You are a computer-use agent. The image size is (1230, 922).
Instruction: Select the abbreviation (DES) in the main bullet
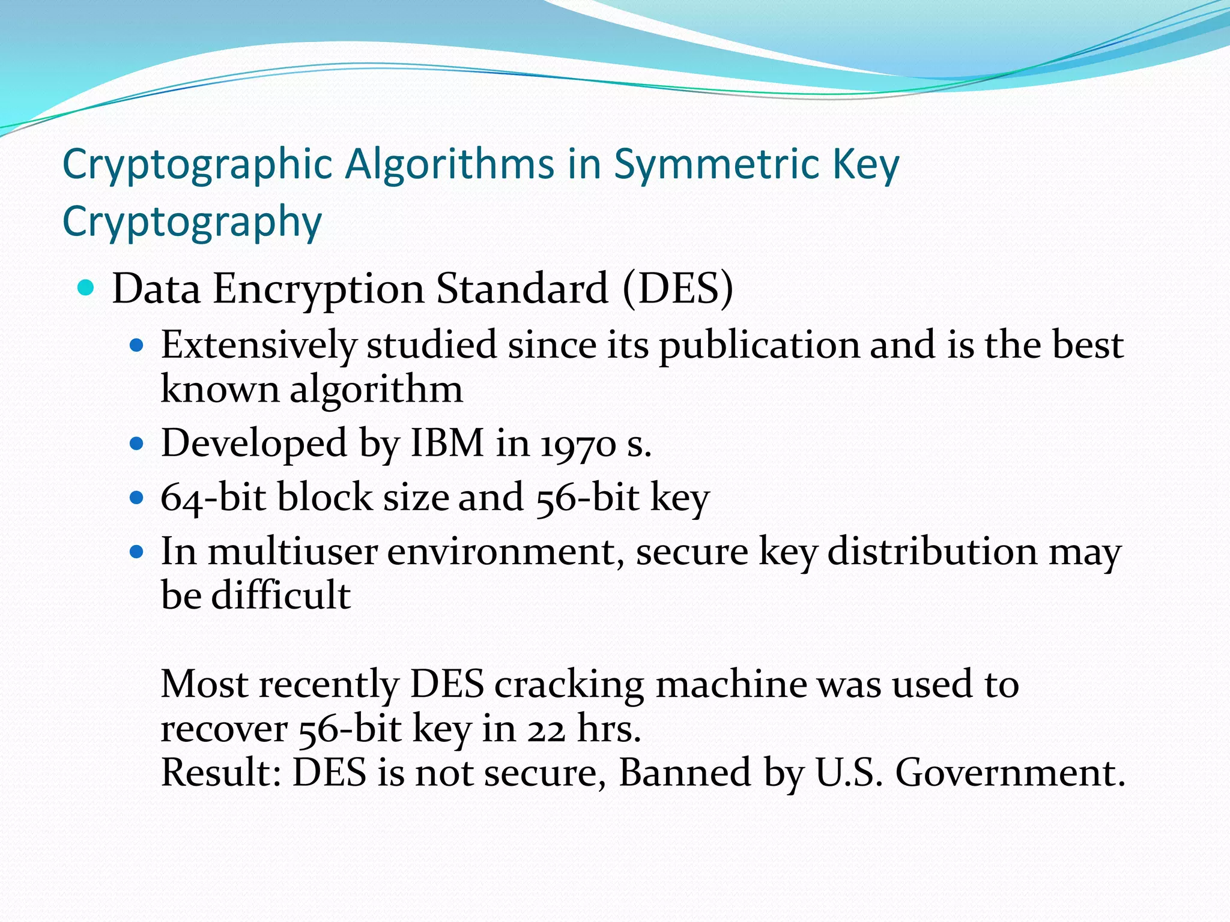click(677, 289)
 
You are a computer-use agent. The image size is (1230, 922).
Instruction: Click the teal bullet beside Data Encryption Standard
click(86, 288)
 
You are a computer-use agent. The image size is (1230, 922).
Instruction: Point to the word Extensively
click(259, 345)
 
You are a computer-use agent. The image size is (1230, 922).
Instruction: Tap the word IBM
click(447, 444)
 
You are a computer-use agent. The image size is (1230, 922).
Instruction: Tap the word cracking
click(569, 684)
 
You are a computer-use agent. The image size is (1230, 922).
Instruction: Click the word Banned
click(685, 773)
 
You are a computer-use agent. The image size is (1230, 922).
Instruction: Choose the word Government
click(1009, 773)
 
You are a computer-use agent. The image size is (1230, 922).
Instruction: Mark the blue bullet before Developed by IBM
click(137, 444)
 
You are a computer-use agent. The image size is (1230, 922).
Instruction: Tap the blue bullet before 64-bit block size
click(137, 498)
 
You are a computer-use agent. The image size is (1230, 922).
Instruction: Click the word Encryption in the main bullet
click(318, 289)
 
